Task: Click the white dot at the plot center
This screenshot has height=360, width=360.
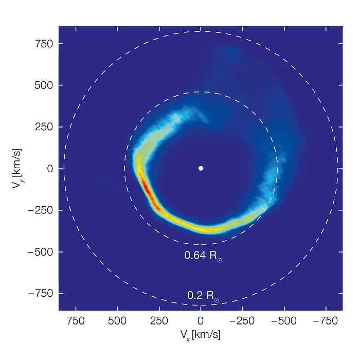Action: [201, 168]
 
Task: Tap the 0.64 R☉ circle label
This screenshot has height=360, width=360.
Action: [203, 255]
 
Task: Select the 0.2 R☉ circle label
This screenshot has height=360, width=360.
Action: [203, 296]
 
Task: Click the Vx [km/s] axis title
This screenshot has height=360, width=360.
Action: [201, 335]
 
